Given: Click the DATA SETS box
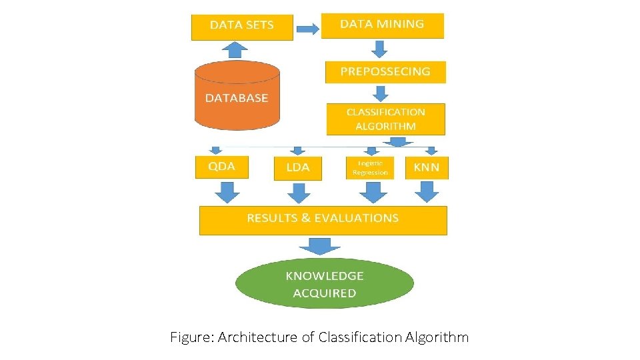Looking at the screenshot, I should pos(242,26).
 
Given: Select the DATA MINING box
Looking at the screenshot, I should pos(382,25).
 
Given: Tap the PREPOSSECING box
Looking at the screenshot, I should pos(385,71).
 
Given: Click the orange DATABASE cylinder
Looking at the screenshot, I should pos(237,97).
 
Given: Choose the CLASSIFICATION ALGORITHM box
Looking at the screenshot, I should pos(385,119).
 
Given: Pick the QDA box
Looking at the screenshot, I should pos(221,167).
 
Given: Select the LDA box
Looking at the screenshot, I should pos(297,168).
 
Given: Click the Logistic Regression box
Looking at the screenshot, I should pos(369,167).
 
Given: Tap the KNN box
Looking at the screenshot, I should pos(427,167).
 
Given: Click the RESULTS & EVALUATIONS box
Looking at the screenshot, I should pos(323,219).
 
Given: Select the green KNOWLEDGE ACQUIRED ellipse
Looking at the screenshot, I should pos(325,284).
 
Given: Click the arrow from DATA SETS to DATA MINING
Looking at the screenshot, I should pos(307,29).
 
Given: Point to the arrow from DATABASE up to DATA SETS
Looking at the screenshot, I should pos(234,49).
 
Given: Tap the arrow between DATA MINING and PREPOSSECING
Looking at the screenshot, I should pos(380,49).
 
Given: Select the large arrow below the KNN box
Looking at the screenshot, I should pos(427,192).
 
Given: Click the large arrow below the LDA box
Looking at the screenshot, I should pos(299,193).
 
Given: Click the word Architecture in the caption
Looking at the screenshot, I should pos(257,337).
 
